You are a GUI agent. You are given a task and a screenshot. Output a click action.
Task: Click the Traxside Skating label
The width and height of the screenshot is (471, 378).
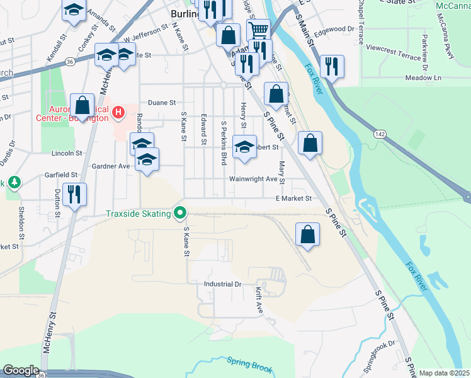point(139,214)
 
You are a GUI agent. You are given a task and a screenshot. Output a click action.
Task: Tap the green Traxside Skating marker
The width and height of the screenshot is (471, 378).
point(181,214)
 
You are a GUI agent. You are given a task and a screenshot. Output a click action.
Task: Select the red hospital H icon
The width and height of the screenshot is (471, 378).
point(117,113)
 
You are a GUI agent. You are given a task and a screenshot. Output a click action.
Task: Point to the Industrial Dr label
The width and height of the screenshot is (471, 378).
point(223,284)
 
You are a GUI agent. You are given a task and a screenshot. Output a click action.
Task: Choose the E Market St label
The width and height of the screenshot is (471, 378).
point(293,198)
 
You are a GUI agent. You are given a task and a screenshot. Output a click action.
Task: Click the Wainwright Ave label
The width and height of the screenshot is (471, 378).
point(254,179)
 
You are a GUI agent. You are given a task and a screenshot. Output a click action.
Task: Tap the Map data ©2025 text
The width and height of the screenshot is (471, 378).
point(445,373)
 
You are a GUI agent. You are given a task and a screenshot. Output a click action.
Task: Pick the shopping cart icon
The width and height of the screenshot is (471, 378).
point(258,29)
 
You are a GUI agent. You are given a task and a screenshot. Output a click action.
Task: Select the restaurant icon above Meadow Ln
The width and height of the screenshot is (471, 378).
point(331,66)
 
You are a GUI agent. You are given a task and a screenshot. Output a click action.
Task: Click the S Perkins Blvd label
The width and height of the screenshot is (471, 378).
point(224,143)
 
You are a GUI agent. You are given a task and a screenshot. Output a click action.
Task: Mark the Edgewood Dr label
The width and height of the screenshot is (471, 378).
point(335,29)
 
